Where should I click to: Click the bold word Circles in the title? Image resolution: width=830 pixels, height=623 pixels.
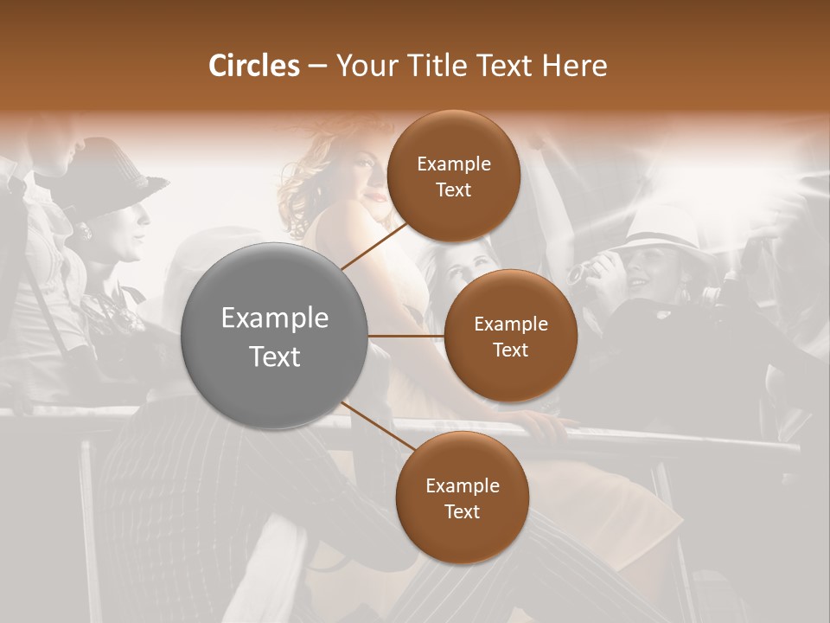pos(254,66)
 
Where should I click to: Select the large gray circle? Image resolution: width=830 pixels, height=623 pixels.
pos(275,336)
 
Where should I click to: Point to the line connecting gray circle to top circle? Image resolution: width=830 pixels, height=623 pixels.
pos(374,245)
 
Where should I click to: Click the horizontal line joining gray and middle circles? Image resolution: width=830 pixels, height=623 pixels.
pos(406,336)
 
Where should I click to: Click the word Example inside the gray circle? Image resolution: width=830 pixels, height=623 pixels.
pos(275,318)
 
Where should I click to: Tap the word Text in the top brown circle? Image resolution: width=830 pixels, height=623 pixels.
pos(453,190)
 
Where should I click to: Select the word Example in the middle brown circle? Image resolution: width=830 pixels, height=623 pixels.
pos(510,324)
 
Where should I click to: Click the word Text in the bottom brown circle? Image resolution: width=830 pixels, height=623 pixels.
pos(462,511)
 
